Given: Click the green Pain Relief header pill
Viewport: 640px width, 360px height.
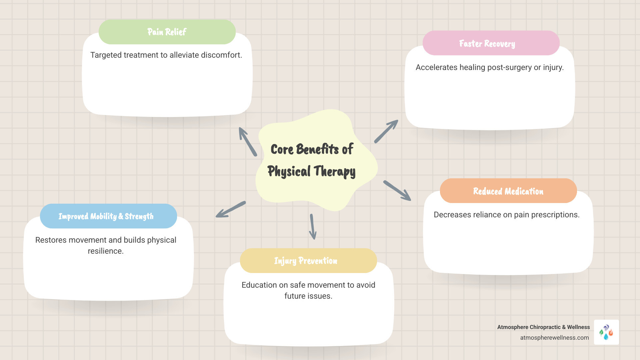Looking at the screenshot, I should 167,32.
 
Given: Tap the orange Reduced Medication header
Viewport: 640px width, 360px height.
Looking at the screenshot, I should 508,191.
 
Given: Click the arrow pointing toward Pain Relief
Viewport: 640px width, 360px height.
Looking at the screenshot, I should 247,141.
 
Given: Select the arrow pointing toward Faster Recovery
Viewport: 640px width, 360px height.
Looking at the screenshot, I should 386,131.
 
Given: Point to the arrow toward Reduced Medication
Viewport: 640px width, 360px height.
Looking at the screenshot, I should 397,191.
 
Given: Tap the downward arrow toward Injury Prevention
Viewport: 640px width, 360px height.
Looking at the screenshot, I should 312,227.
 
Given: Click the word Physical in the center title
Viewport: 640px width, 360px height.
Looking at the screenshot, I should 289,171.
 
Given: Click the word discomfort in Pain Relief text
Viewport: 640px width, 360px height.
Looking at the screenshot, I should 221,55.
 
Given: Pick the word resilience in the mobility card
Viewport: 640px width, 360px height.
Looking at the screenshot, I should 105,251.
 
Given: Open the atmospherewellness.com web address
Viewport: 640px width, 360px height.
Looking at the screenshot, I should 554,338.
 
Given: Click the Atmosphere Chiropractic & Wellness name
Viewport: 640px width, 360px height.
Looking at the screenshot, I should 543,327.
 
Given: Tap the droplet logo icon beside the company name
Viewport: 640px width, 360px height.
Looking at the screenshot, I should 606,332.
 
